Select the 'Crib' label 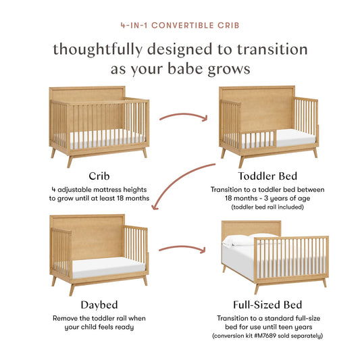pyautogui.click(x=98, y=176)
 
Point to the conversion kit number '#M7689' pyautogui.click(x=275, y=336)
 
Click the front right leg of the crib pyautogui.click(x=144, y=153)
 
